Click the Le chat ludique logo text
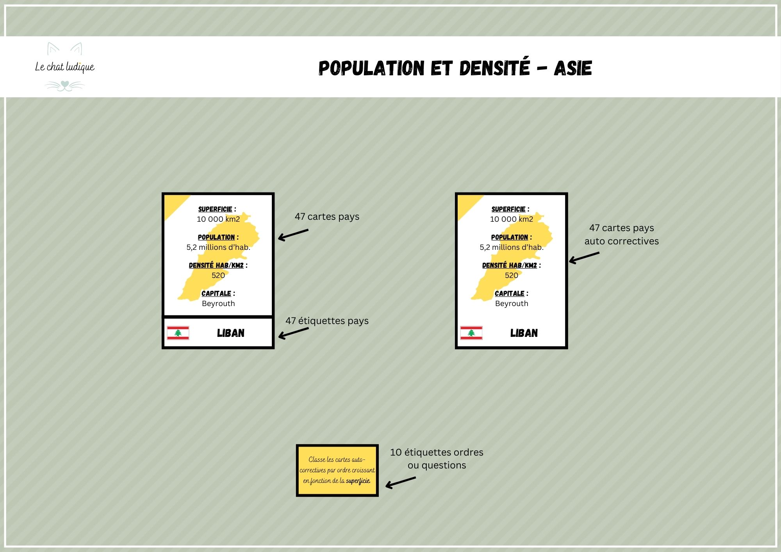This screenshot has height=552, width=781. tap(65, 67)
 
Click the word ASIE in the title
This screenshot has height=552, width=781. tap(573, 68)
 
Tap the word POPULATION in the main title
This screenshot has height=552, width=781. tap(371, 68)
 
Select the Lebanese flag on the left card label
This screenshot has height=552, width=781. tap(178, 333)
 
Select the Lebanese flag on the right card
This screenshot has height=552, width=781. tap(471, 333)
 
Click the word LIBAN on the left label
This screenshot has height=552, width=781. tap(231, 333)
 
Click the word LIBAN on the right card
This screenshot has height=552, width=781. tap(524, 333)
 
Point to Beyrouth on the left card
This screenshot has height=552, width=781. tap(218, 304)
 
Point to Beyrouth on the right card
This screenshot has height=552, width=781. tap(512, 304)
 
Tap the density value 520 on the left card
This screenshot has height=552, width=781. tap(218, 275)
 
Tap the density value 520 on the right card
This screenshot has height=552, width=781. tap(512, 275)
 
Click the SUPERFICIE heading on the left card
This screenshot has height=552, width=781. tap(215, 209)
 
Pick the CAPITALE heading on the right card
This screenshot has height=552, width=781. tap(510, 294)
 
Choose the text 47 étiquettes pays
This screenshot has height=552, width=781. tap(327, 321)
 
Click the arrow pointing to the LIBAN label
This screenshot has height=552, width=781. tap(293, 333)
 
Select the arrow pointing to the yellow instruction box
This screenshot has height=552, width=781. tap(401, 483)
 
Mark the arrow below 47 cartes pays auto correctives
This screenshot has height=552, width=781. tap(584, 258)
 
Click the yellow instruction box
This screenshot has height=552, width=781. tap(337, 470)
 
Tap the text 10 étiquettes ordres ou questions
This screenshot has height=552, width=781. tap(437, 459)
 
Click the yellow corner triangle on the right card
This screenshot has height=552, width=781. tap(467, 204)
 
